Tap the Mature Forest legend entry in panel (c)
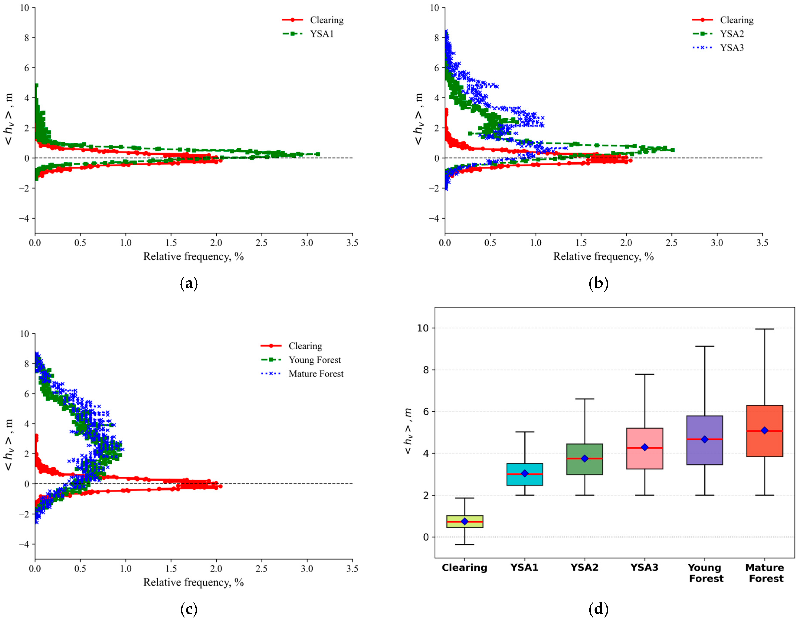(x=302, y=374)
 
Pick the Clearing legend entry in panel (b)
(x=723, y=20)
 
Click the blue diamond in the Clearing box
(x=465, y=521)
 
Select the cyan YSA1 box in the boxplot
(x=525, y=474)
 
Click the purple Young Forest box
(x=705, y=440)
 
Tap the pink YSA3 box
(x=645, y=448)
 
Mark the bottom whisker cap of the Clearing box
(x=465, y=544)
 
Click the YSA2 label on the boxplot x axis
(x=585, y=567)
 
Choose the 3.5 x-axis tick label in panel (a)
(x=352, y=242)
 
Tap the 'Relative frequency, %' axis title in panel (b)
(x=603, y=256)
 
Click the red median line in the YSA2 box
(x=585, y=458)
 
